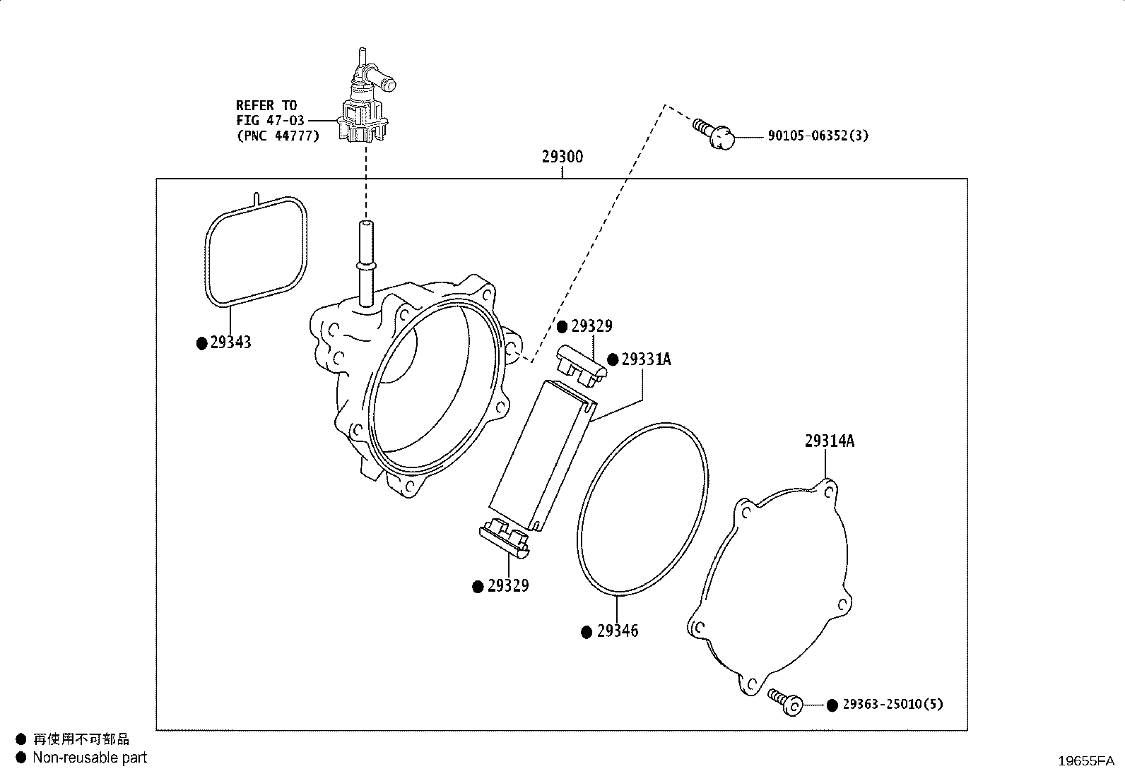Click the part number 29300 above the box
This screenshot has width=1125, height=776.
point(562,157)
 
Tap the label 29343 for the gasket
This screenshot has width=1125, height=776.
point(230,342)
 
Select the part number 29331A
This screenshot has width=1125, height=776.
point(646,359)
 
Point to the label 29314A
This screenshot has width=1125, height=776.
point(829,441)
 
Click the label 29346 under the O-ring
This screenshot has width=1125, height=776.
point(617,631)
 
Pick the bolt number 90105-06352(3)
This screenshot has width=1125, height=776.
point(818,136)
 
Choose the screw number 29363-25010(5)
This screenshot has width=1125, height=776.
point(893,704)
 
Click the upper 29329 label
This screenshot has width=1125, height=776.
point(591,326)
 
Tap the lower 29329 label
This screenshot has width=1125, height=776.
point(508,586)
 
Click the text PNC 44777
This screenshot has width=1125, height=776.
point(278,136)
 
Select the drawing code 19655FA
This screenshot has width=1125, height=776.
point(1086,761)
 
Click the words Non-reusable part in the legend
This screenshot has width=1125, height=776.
point(90,758)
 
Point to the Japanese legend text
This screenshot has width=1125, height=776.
point(81,739)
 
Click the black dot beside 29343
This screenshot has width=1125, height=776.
point(202,343)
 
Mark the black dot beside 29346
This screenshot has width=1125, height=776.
point(587,633)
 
